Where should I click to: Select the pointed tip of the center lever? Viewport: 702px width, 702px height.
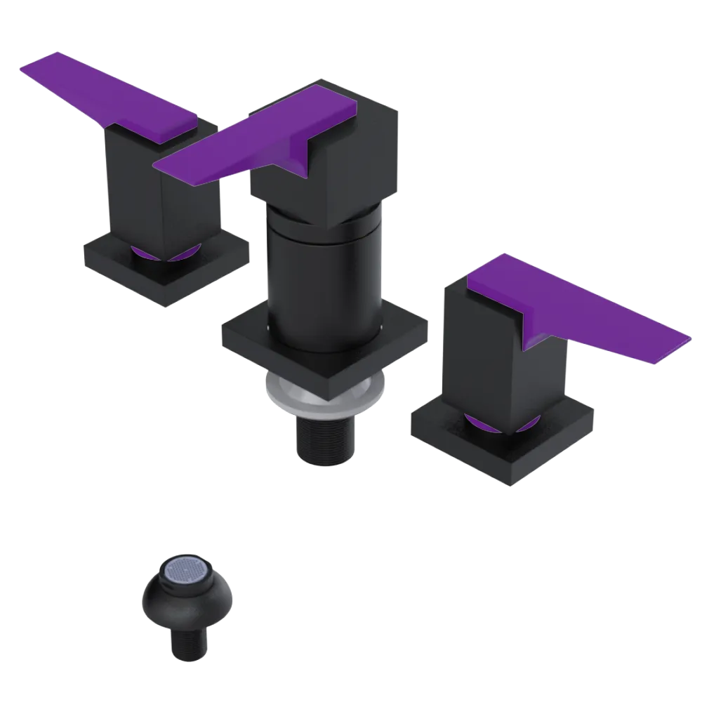click(160, 166)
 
